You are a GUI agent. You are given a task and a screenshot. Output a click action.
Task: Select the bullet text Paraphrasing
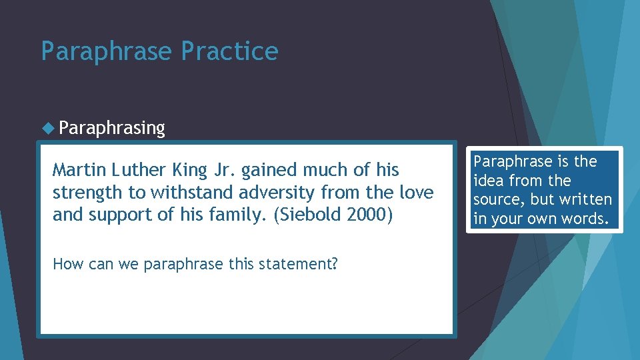tap(111, 128)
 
